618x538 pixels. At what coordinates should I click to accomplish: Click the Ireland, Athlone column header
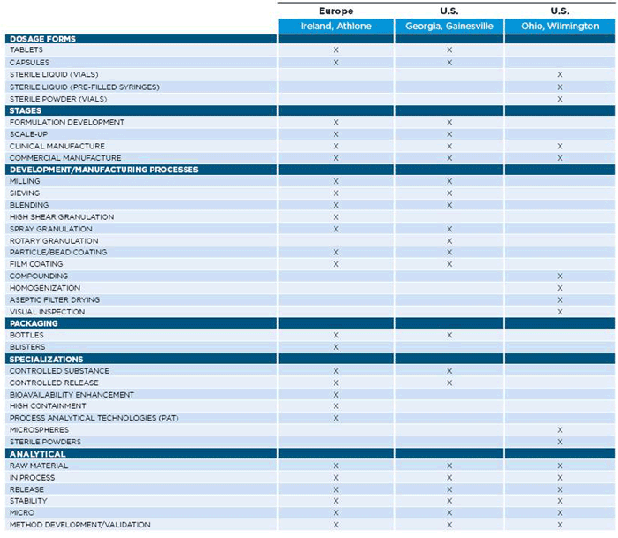click(x=335, y=26)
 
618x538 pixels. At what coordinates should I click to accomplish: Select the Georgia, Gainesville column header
click(x=449, y=26)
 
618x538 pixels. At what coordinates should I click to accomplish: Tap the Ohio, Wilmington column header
click(x=560, y=26)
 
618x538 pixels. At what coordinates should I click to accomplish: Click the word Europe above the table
click(x=335, y=11)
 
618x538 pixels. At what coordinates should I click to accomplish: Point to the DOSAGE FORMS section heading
click(x=42, y=39)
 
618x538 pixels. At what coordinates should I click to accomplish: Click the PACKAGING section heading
click(x=34, y=323)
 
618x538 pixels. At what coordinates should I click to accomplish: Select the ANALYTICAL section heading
click(x=37, y=454)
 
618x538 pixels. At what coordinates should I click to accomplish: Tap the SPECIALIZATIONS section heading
click(x=46, y=359)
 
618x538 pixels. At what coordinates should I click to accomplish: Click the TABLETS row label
click(x=26, y=49)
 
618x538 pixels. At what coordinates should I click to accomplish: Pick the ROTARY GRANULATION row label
click(x=54, y=240)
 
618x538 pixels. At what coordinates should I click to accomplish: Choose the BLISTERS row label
click(x=27, y=347)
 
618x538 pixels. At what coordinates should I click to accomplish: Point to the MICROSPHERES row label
click(x=39, y=430)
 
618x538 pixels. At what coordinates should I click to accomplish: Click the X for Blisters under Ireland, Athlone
click(x=335, y=347)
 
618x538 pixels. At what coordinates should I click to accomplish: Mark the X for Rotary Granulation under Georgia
click(x=449, y=240)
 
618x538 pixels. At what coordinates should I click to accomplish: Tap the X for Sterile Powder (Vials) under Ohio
click(x=560, y=99)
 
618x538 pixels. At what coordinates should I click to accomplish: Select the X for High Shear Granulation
click(x=335, y=217)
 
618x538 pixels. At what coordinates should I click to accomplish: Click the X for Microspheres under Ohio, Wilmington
click(x=560, y=430)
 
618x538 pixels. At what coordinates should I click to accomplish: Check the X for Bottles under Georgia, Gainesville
click(x=449, y=336)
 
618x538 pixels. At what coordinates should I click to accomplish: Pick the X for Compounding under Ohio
click(x=560, y=277)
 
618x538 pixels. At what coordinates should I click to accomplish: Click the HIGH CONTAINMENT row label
click(x=48, y=405)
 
